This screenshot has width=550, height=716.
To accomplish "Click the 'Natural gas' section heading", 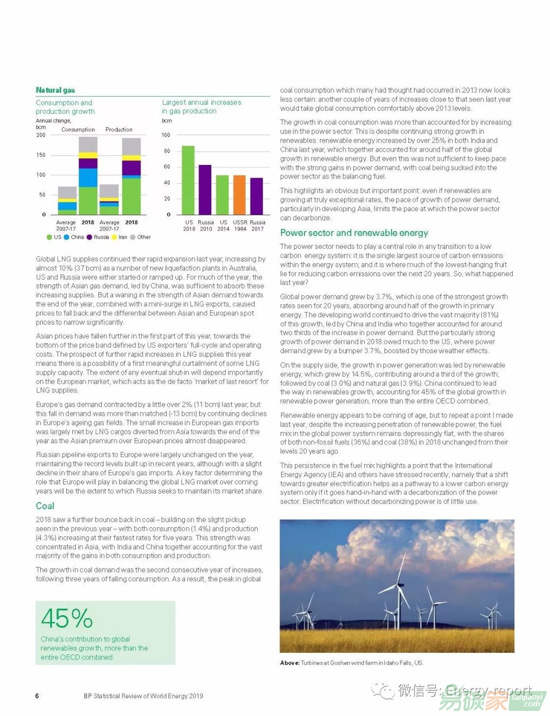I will [x=56, y=90].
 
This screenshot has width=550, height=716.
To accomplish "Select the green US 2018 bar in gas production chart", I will [x=188, y=180].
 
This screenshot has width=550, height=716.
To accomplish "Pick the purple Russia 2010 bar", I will [x=205, y=189].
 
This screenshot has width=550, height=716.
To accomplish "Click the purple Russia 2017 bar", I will [x=257, y=196].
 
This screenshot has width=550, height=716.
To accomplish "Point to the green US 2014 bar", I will [x=223, y=195].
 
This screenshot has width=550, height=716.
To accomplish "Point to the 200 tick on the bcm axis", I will [x=41, y=135].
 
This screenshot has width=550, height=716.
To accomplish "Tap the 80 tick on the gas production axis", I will [x=167, y=151].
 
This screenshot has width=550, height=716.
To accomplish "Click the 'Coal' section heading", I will [x=45, y=506].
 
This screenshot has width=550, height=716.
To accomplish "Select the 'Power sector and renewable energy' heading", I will [x=354, y=233].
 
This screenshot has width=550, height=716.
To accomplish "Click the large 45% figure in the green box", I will [x=67, y=619].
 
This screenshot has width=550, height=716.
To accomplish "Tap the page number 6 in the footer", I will [x=37, y=696].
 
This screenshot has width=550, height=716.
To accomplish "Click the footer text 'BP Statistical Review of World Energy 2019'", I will [x=143, y=696].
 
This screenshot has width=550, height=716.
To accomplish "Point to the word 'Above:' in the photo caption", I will [x=289, y=663].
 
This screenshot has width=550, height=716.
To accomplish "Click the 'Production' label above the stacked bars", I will [x=119, y=130].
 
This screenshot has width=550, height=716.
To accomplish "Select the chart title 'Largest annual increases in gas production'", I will [x=201, y=107].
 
